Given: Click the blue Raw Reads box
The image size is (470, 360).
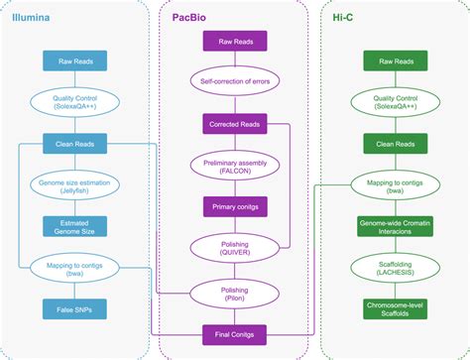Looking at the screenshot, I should tap(74, 61).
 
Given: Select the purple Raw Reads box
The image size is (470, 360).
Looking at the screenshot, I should tap(235, 42).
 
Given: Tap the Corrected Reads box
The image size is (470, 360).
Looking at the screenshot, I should tap(235, 124).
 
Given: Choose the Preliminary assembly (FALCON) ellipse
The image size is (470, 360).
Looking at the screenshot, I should tap(235, 166).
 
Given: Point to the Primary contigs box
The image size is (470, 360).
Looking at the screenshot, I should tap(235, 206).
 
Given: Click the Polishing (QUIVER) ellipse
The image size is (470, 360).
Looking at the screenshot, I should tap(235, 248).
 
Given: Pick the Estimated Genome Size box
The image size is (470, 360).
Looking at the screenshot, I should tap(74, 226).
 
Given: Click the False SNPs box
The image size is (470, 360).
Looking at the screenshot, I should tap(74, 309).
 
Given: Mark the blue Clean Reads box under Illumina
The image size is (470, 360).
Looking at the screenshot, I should tap(74, 144).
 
